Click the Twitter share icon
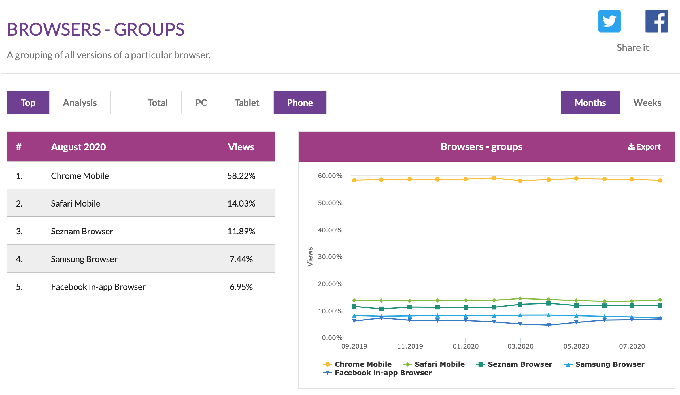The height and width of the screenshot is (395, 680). [x=609, y=21]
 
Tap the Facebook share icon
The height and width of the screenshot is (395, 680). [x=656, y=21]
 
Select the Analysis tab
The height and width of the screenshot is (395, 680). [x=80, y=103]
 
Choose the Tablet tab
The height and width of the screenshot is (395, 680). [x=247, y=103]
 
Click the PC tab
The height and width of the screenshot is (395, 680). [x=201, y=103]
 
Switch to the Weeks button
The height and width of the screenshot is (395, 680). [x=647, y=103]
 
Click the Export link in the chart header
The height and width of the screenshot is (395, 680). [x=644, y=147]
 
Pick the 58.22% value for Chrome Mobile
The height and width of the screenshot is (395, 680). [x=241, y=176]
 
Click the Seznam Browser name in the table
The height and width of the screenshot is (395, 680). [x=82, y=231]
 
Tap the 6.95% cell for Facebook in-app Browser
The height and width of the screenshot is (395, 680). [x=241, y=287]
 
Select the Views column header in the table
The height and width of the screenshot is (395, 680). [x=241, y=147]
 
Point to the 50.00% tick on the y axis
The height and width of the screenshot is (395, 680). [x=330, y=203]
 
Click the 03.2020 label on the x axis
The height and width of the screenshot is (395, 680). [x=520, y=346]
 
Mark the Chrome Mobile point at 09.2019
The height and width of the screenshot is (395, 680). [x=354, y=180]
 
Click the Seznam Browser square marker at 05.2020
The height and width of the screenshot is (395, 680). [x=576, y=305]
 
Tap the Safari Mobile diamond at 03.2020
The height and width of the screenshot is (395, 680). [x=520, y=298]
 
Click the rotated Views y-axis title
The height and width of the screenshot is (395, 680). [x=310, y=256]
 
